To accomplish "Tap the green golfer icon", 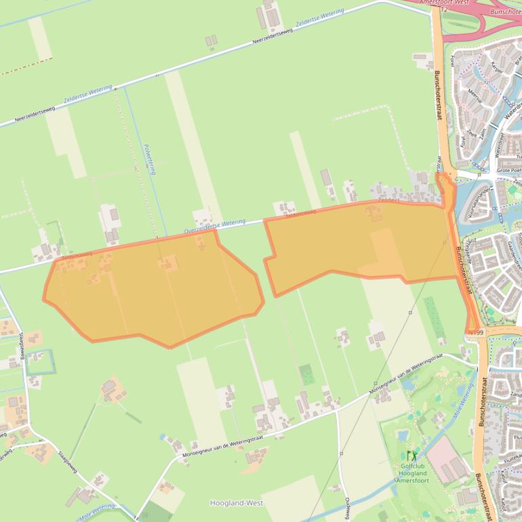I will pyautogui.click(x=411, y=456).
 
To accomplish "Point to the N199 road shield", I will pyautogui.click(x=475, y=333).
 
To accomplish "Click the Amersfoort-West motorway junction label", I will pyautogui.click(x=444, y=3).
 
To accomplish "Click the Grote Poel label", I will pyautogui.click(x=509, y=171).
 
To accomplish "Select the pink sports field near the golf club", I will pyautogui.click(x=447, y=459).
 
